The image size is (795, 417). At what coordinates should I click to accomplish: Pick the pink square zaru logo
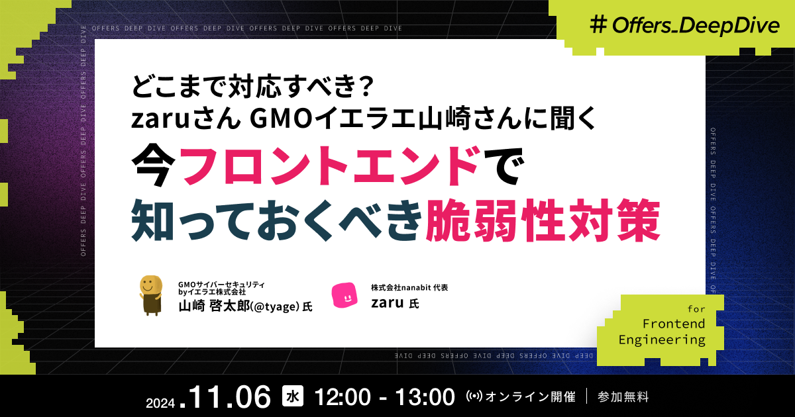[344, 295]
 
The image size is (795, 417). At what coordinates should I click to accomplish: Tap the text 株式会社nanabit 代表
[409, 288]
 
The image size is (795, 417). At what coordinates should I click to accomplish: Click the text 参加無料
[623, 397]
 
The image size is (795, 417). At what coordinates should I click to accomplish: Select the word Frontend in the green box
[674, 324]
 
